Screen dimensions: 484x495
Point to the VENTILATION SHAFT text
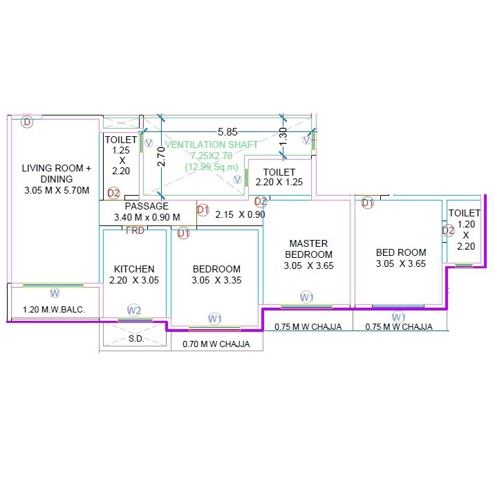point(212,145)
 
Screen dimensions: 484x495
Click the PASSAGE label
point(147,206)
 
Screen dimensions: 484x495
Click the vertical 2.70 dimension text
point(160,157)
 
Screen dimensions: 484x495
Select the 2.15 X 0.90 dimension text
point(240,214)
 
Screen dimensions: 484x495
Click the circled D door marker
point(27,122)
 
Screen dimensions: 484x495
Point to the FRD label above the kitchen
point(135,230)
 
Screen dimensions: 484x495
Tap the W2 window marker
point(134,310)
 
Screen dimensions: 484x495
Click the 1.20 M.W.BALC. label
point(55,310)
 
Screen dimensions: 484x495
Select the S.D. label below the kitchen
point(136,339)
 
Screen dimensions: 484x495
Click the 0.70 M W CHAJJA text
point(216,344)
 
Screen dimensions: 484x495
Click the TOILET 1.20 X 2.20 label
point(464,229)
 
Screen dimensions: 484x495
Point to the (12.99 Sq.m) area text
point(212,167)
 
